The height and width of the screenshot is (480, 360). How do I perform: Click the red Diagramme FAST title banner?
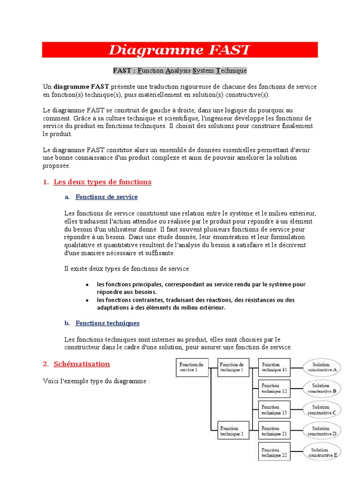tap(180, 50)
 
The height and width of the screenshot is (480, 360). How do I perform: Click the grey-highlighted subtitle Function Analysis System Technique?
tap(180, 71)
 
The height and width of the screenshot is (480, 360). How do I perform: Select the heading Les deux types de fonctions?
tap(103, 182)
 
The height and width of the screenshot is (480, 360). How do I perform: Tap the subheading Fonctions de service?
tap(106, 197)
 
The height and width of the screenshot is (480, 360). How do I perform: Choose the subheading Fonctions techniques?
tap(107, 323)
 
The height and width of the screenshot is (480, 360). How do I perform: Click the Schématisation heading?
tap(82, 364)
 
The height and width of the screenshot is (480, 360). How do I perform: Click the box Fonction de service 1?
tap(191, 367)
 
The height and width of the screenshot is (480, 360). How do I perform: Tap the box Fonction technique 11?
tap(274, 367)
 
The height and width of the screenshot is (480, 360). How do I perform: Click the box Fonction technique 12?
tap(274, 388)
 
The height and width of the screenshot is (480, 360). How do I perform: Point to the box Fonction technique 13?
tap(274, 410)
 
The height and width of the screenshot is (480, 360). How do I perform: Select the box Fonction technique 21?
tap(274, 431)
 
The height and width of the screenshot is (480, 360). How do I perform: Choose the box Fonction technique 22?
tap(274, 452)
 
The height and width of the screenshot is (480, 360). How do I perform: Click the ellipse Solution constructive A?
tap(322, 367)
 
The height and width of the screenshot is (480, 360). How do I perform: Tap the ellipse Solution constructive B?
tap(322, 388)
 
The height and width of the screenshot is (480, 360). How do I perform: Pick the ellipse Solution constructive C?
tap(322, 410)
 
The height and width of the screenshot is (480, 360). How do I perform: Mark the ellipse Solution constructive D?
tap(322, 431)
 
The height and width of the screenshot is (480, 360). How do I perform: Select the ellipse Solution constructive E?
tap(322, 452)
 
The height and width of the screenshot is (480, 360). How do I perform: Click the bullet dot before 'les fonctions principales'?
tap(88, 285)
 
